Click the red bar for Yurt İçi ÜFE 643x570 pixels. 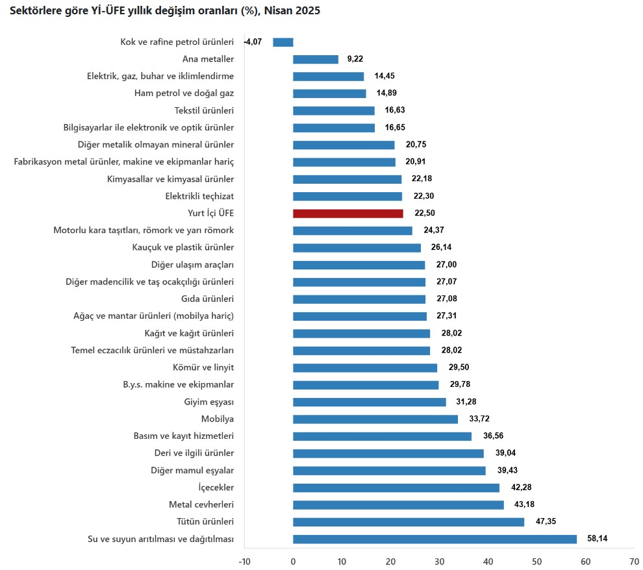(x=348, y=213)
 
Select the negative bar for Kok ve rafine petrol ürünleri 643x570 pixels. (x=283, y=42)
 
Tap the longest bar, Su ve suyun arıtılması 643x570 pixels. (x=435, y=539)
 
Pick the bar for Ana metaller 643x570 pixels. (x=316, y=59)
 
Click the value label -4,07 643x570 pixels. (x=253, y=42)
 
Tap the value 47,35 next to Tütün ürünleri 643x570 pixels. (x=545, y=522)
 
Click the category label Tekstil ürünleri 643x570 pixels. (x=205, y=110)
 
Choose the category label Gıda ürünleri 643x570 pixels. (x=207, y=299)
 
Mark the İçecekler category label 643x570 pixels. (x=216, y=488)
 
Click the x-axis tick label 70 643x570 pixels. (x=634, y=561)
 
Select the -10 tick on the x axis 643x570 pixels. (x=244, y=561)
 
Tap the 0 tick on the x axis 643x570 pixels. (x=293, y=561)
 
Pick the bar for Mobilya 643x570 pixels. (x=375, y=419)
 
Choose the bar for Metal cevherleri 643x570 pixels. (x=398, y=504)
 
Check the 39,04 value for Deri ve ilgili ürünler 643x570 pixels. (x=505, y=453)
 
